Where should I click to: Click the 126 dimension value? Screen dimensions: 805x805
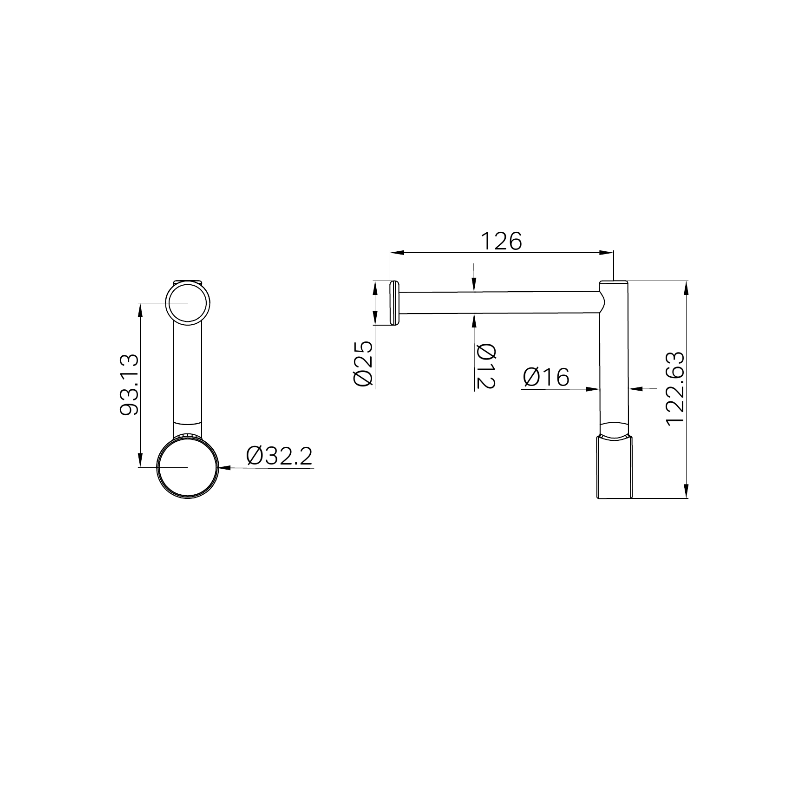click(x=501, y=242)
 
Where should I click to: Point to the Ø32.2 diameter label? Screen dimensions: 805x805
click(x=280, y=457)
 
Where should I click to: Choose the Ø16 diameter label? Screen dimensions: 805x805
click(x=546, y=377)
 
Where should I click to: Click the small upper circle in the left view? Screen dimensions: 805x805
click(x=187, y=303)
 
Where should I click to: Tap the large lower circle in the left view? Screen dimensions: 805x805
click(x=187, y=468)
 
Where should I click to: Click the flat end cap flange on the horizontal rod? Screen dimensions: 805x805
click(x=394, y=303)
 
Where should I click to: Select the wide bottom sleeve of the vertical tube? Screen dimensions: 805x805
click(x=614, y=467)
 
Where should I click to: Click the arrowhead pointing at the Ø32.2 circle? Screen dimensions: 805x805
click(x=224, y=468)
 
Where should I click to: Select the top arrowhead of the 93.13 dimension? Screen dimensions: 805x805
click(x=140, y=309)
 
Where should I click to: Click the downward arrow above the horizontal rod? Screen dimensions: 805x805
click(x=473, y=285)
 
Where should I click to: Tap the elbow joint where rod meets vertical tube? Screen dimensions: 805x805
click(x=602, y=302)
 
